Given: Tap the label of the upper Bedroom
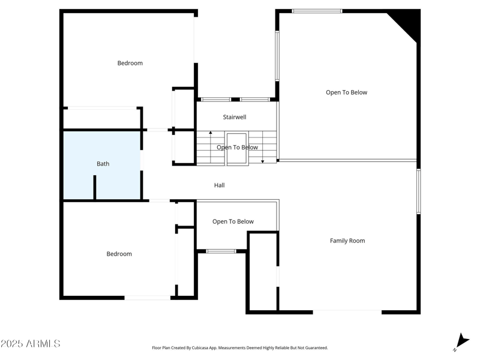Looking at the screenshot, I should pos(130,63).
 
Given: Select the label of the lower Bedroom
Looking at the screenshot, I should pos(119,254).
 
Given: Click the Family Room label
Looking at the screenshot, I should pos(347,241).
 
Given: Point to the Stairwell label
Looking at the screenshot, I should pos(235,117).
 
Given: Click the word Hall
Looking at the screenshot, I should pos(220,185).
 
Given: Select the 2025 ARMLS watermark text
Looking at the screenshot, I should pos(30,344).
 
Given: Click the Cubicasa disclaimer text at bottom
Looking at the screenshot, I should pos(240,347).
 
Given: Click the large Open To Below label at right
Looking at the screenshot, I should pos(346,92).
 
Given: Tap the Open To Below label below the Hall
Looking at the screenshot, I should pos(233,221).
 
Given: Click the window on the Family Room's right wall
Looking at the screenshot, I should pos(419,191).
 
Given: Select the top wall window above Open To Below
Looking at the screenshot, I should pos(317,11).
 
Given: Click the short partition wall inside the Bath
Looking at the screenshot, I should pos(95,187).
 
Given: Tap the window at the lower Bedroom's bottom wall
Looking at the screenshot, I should pos(147,297).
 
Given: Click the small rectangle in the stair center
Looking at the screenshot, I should pos(236,148).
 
